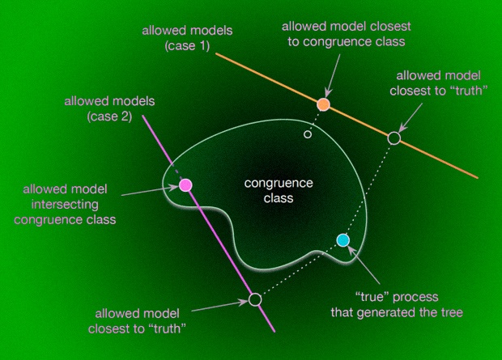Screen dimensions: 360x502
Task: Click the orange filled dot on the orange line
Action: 323,104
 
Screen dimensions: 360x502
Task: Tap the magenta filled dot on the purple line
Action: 185,184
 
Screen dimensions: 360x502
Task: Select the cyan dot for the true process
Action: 342,239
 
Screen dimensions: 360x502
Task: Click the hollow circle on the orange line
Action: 394,138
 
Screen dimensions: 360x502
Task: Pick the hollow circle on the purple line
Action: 255,299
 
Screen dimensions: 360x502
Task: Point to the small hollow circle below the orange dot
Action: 307,134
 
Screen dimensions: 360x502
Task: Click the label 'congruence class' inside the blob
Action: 269,190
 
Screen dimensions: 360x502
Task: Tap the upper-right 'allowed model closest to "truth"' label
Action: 442,83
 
